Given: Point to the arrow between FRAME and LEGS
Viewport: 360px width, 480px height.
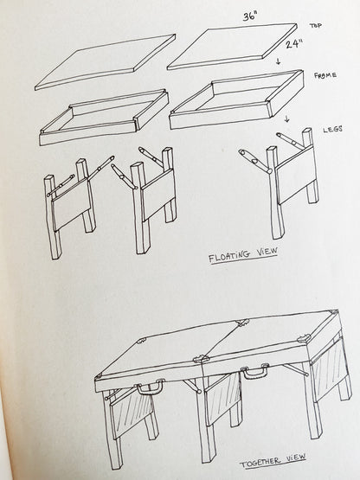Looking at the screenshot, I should click(x=288, y=118).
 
